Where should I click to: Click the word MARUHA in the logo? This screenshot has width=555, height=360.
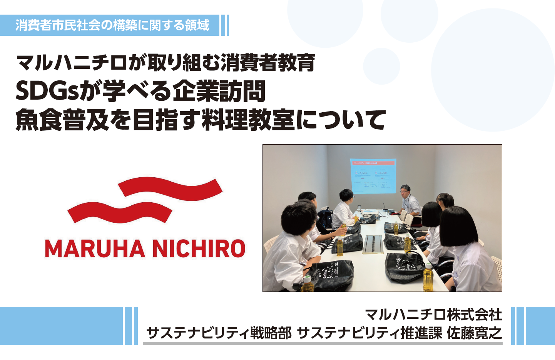(95, 248)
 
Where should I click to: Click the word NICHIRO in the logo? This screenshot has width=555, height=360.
(199, 248)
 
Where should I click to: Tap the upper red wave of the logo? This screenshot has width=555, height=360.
(170, 189)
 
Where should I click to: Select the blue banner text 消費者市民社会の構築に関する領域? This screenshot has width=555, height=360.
(112, 25)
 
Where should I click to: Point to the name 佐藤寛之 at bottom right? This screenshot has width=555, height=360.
(474, 333)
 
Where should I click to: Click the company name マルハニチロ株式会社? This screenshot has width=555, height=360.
(434, 315)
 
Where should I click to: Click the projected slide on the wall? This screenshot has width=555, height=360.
(373, 176)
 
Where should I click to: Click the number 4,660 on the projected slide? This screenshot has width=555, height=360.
(363, 173)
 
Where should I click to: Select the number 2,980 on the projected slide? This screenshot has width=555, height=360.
(383, 173)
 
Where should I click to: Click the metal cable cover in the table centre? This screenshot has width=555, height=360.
(373, 244)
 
